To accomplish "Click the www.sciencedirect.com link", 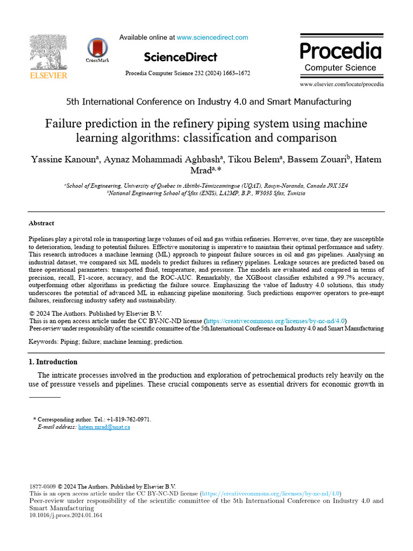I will point(212,38).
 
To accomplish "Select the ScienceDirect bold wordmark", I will point(181,57).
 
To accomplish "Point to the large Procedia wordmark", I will point(340,51).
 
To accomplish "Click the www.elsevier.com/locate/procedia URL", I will point(341,84).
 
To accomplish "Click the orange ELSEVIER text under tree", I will point(48,76).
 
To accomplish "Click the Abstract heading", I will point(41,223).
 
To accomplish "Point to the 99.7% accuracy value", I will point(327,277).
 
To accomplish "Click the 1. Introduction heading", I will point(53,362).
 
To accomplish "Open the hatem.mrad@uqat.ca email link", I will point(104,427).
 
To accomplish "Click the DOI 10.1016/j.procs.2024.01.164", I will point(65,515).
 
